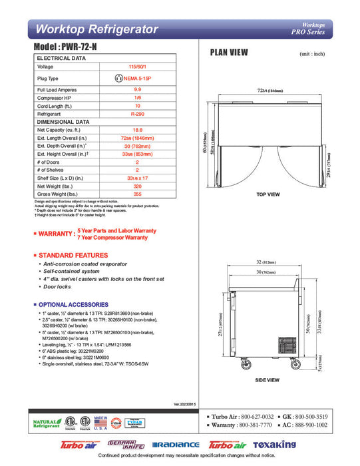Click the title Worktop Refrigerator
pyautogui.click(x=97, y=29)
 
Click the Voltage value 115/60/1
pyautogui.click(x=138, y=67)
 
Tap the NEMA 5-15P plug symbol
pyautogui.click(x=119, y=78)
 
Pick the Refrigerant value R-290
pyautogui.click(x=138, y=115)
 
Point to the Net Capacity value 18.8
pyautogui.click(x=138, y=130)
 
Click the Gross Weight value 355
pyautogui.click(x=138, y=194)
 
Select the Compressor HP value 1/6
pyautogui.click(x=138, y=98)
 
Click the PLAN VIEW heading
pyautogui.click(x=230, y=51)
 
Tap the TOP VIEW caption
pyautogui.click(x=268, y=194)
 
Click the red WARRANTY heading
pyautogui.click(x=55, y=234)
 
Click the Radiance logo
pyautogui.click(x=175, y=445)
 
